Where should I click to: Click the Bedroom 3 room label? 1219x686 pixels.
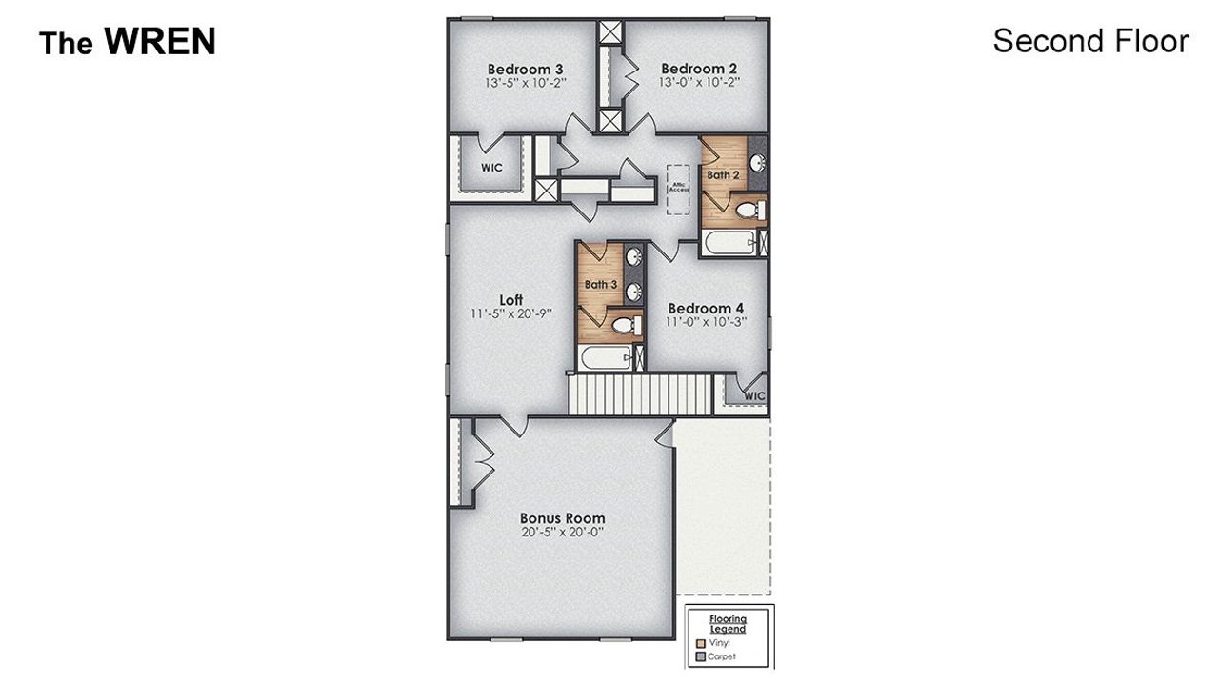(525, 69)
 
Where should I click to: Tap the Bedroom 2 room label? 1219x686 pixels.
(699, 69)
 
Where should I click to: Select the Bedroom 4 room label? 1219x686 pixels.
(706, 308)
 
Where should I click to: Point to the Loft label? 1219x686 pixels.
(511, 300)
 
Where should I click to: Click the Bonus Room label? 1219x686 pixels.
(562, 518)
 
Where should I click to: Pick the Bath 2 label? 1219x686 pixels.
(723, 175)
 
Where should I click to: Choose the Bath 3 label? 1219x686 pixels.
(601, 284)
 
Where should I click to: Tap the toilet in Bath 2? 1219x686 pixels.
(749, 209)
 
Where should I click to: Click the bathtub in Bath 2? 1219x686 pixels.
(731, 242)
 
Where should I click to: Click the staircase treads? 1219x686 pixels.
(641, 394)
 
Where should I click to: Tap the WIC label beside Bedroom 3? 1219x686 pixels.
(491, 168)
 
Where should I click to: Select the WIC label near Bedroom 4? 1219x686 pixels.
(754, 395)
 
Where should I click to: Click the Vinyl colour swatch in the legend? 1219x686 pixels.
(701, 643)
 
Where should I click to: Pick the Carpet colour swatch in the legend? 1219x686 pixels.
(701, 656)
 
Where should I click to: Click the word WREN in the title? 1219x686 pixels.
(160, 42)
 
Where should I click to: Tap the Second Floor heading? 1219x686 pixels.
(1090, 41)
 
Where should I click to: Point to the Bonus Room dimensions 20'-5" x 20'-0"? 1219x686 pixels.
(562, 533)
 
